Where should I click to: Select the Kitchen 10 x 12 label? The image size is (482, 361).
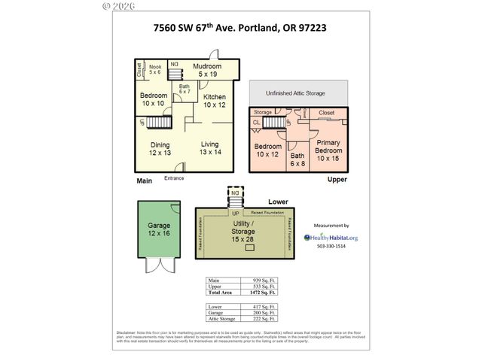click(x=215, y=101)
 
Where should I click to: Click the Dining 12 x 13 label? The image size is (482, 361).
click(x=160, y=149)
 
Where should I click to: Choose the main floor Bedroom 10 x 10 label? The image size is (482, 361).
click(x=153, y=99)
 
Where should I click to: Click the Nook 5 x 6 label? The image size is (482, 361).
click(x=155, y=69)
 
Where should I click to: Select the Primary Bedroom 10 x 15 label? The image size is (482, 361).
click(x=328, y=150)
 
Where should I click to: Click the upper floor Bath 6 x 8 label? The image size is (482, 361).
click(x=298, y=159)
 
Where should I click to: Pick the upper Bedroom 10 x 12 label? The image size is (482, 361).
click(x=267, y=150)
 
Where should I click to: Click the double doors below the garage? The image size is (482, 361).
click(x=159, y=266)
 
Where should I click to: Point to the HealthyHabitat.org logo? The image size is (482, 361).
click(x=331, y=237)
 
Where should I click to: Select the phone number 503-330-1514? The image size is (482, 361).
click(x=331, y=247)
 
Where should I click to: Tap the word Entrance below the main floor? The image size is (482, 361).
click(x=175, y=177)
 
